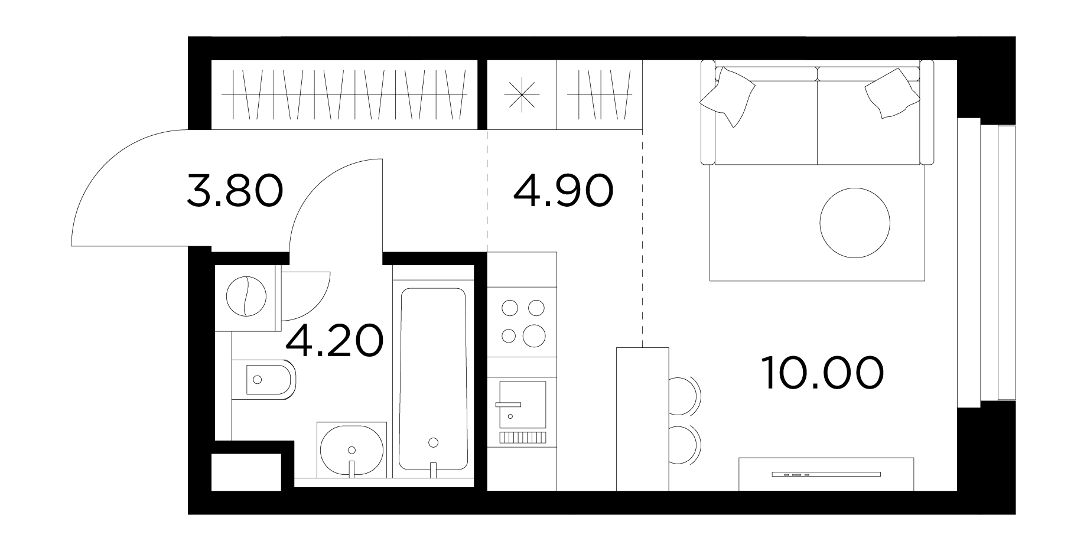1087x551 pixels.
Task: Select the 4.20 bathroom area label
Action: pyautogui.click(x=334, y=341)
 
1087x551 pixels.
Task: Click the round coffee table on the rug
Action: pyautogui.click(x=855, y=223)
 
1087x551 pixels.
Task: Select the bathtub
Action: pyautogui.click(x=433, y=379)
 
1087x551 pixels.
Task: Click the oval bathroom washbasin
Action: pyautogui.click(x=352, y=452)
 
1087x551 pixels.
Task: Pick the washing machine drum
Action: pyautogui.click(x=246, y=297)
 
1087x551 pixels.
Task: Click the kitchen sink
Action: pyautogui.click(x=522, y=405)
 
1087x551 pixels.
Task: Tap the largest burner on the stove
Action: pyautogui.click(x=535, y=335)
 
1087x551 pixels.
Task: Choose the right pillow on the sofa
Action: pyautogui.click(x=892, y=93)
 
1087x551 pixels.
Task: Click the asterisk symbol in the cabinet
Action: pyautogui.click(x=522, y=94)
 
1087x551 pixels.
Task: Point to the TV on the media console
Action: pyautogui.click(x=826, y=474)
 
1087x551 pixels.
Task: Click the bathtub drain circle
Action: pyautogui.click(x=434, y=442)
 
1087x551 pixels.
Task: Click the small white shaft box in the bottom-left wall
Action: pyautogui.click(x=246, y=472)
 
